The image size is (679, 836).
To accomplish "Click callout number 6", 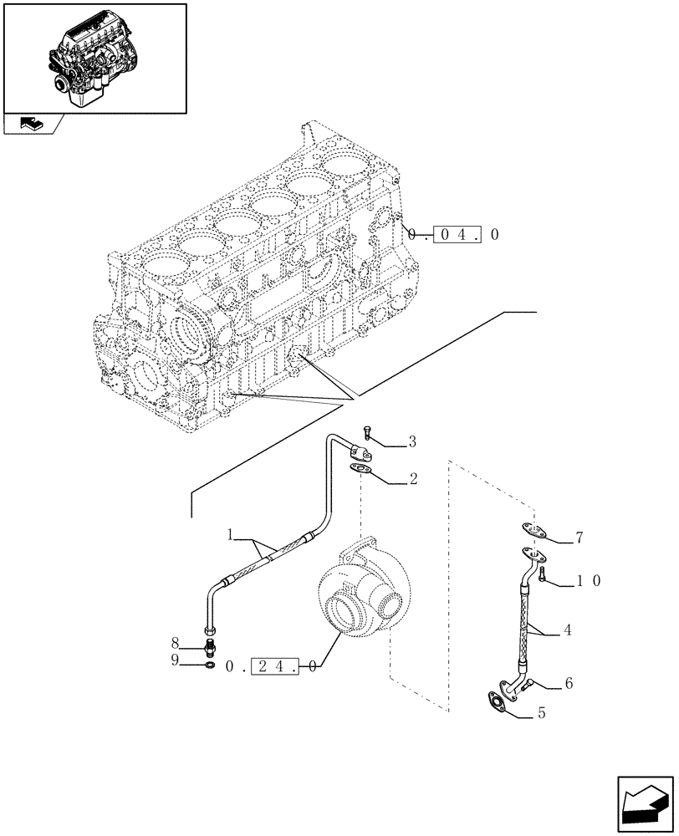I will click(x=568, y=683).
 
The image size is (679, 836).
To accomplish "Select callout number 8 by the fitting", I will click(x=176, y=644).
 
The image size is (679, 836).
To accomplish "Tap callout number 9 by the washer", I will click(x=176, y=661).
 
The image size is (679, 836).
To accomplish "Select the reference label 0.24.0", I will click(x=271, y=667).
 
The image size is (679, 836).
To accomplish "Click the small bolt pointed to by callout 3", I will click(x=369, y=436).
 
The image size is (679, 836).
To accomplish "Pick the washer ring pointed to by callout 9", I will click(x=209, y=665).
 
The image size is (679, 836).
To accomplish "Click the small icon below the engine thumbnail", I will click(x=32, y=125).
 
